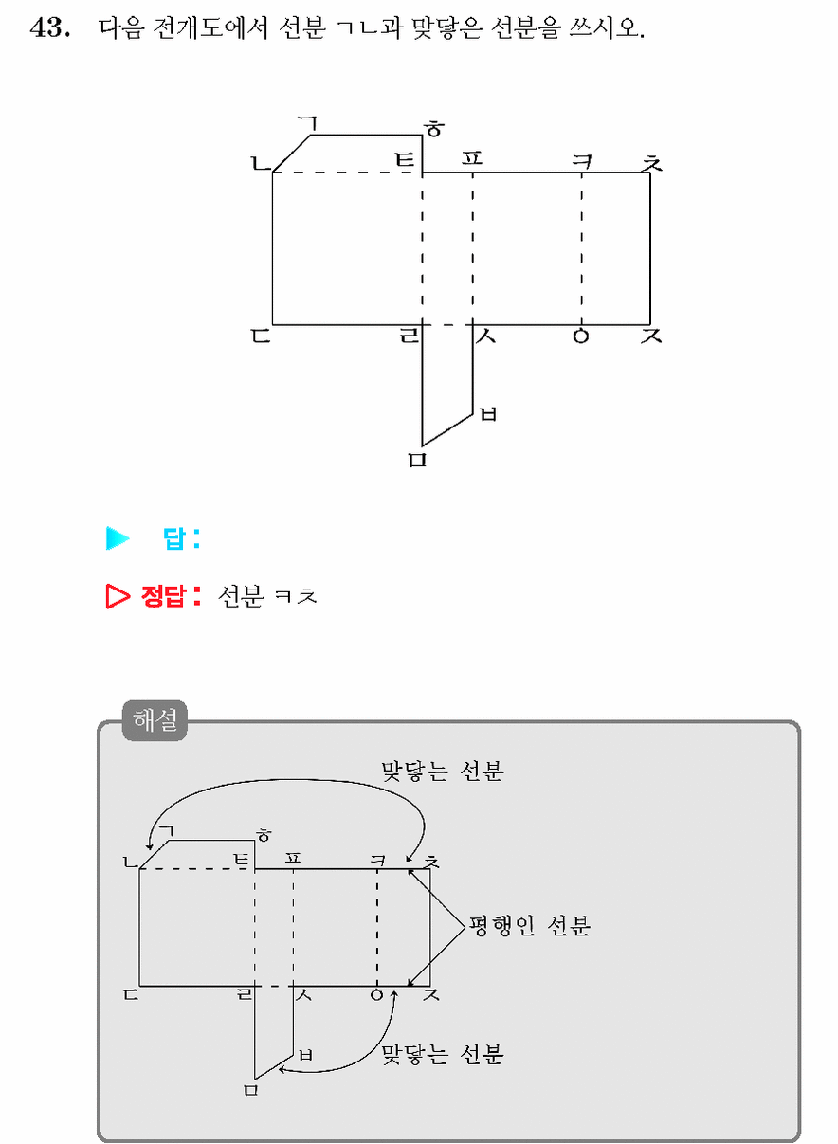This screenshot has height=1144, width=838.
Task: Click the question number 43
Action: tap(49, 28)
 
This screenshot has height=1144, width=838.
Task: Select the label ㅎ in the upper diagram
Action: tap(434, 129)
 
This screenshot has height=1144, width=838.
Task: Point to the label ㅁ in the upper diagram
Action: tap(417, 460)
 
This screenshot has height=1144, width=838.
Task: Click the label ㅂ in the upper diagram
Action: tap(488, 413)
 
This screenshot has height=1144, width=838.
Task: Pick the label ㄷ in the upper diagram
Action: tap(261, 336)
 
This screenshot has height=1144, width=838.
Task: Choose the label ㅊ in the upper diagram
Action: tap(651, 162)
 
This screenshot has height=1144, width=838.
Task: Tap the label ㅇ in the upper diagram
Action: tap(580, 336)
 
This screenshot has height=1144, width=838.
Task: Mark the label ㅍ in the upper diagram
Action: tap(471, 158)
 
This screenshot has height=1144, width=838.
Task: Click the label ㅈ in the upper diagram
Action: tap(651, 336)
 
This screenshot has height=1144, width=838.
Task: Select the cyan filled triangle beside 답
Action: tap(118, 538)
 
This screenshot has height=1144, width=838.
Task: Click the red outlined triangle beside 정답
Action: tap(118, 596)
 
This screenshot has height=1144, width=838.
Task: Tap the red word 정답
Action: tap(162, 596)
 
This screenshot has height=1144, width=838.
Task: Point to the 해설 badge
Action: tap(155, 720)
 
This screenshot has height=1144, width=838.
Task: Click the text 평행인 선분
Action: tap(530, 925)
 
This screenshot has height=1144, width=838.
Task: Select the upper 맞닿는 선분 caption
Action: tap(443, 771)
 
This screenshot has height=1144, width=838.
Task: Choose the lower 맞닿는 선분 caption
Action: tap(443, 1054)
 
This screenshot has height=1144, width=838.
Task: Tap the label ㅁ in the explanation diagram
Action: tap(250, 1090)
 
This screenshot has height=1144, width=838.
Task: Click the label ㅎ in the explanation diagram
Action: tap(264, 836)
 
